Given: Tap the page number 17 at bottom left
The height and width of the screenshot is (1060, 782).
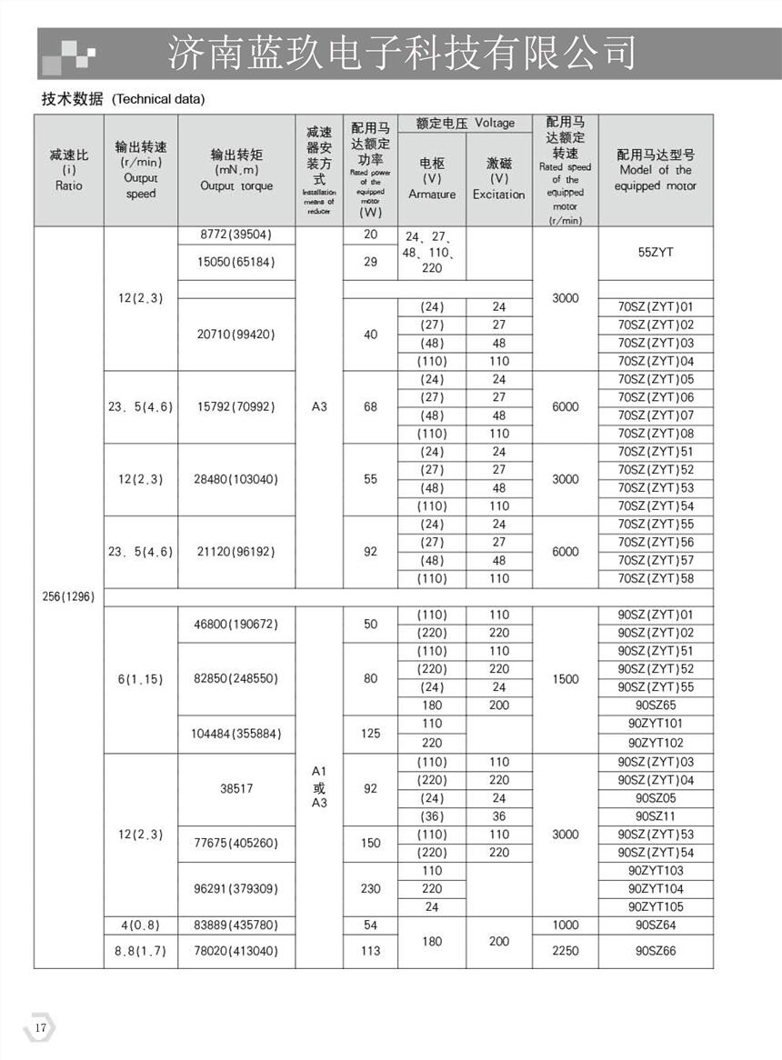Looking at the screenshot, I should coord(40,1027).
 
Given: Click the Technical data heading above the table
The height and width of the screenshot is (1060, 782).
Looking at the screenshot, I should coord(123,99).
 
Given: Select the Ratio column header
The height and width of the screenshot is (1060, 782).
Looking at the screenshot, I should coord(68,170).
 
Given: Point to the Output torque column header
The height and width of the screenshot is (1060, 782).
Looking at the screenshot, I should coord(236,170).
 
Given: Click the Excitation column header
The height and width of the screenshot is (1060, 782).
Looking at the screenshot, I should coord(498,178).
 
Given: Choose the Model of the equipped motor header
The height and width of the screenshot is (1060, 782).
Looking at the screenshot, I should coord(655,170).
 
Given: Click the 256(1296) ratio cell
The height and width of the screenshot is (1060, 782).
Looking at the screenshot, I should coord(68,597).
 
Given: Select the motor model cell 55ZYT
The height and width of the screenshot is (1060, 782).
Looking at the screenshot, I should coord(655,253).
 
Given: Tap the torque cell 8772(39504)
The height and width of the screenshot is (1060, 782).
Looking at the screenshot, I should coord(236,235).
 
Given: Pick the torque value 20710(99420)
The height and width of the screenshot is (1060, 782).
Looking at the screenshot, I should coord(236,335).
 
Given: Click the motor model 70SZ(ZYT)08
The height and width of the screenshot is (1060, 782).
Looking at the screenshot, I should coord(655,434).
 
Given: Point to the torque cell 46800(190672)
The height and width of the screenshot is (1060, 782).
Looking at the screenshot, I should coord(236,625).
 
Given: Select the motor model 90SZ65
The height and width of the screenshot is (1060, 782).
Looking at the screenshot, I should coord(655,705).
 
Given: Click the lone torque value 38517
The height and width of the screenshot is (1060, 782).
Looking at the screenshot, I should coord(236,789).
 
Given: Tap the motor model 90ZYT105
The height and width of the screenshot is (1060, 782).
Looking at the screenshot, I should coord(655,907).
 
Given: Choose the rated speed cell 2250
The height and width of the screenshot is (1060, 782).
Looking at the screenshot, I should coord(565,951).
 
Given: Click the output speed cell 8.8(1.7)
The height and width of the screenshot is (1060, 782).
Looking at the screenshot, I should coord(140,951).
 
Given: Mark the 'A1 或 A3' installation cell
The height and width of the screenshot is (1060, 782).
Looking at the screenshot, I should coord(318,788).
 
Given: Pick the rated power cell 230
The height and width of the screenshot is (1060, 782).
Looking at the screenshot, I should coord(370,888).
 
